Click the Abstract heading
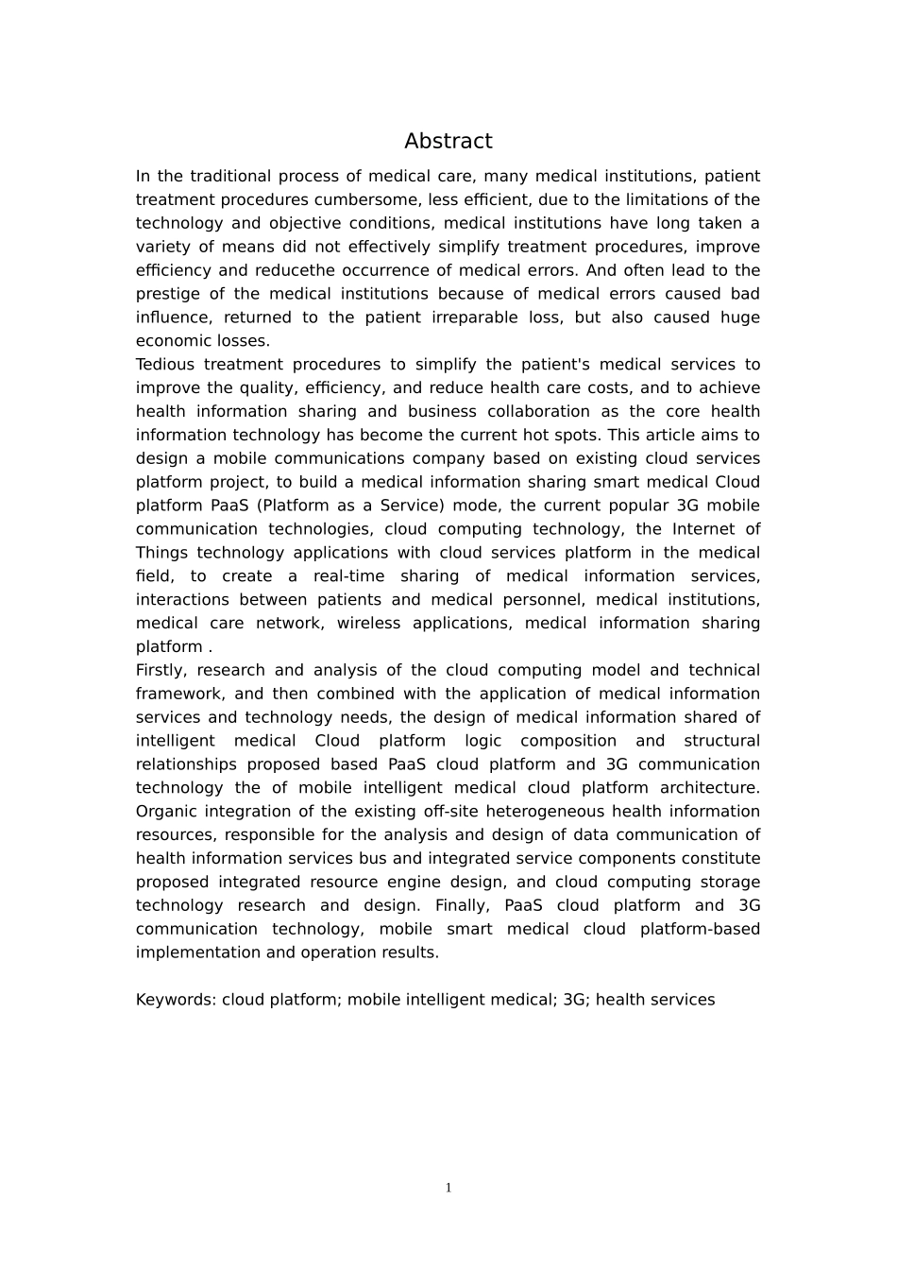[x=448, y=142]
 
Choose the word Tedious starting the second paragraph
[x=165, y=365]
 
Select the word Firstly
[x=161, y=671]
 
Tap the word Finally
[x=462, y=906]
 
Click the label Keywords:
[x=176, y=1000]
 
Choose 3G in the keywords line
[x=574, y=1000]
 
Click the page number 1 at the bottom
[x=448, y=1188]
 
